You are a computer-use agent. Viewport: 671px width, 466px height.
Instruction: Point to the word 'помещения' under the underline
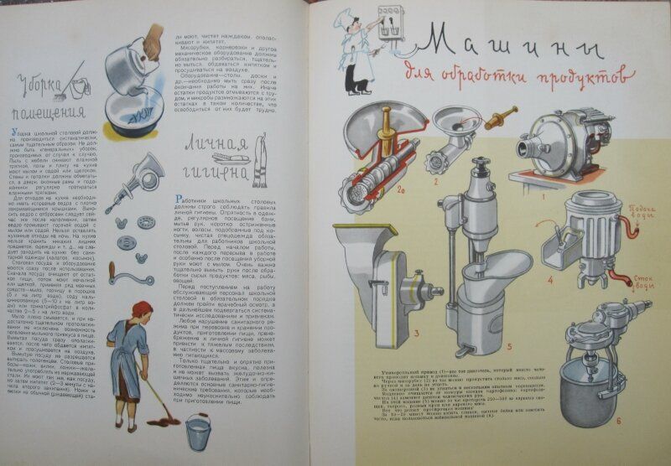click(49, 112)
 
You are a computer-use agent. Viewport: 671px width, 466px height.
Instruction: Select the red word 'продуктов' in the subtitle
click(579, 78)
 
